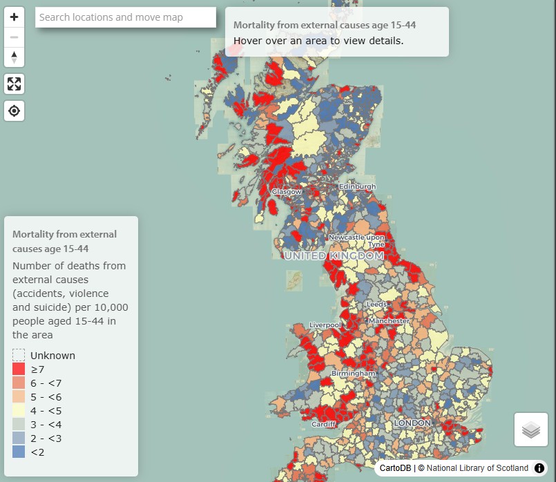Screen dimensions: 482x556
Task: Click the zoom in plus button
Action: tap(14, 17)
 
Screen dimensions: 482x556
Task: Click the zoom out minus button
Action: tap(14, 37)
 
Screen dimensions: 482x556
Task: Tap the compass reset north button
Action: tap(14, 57)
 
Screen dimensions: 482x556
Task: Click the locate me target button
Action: tap(14, 110)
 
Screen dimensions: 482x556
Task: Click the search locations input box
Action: tap(126, 17)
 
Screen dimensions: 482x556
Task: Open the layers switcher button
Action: tap(530, 430)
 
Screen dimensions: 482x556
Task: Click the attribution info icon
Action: tap(539, 468)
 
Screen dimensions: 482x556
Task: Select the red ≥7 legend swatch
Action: tap(19, 369)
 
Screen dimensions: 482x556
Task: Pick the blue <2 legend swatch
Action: tap(19, 452)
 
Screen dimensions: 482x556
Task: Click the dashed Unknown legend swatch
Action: tap(19, 356)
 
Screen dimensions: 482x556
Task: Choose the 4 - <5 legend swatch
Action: tap(19, 411)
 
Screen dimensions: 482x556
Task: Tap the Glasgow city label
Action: tap(287, 191)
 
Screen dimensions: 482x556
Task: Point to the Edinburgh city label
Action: tap(357, 186)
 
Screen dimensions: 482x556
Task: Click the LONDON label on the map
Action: tap(412, 423)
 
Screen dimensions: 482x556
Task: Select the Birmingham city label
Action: tap(353, 374)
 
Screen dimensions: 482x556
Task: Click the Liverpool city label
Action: tap(325, 325)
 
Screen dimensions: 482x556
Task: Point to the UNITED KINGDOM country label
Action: tap(334, 256)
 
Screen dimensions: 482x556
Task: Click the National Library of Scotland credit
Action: tap(477, 468)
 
